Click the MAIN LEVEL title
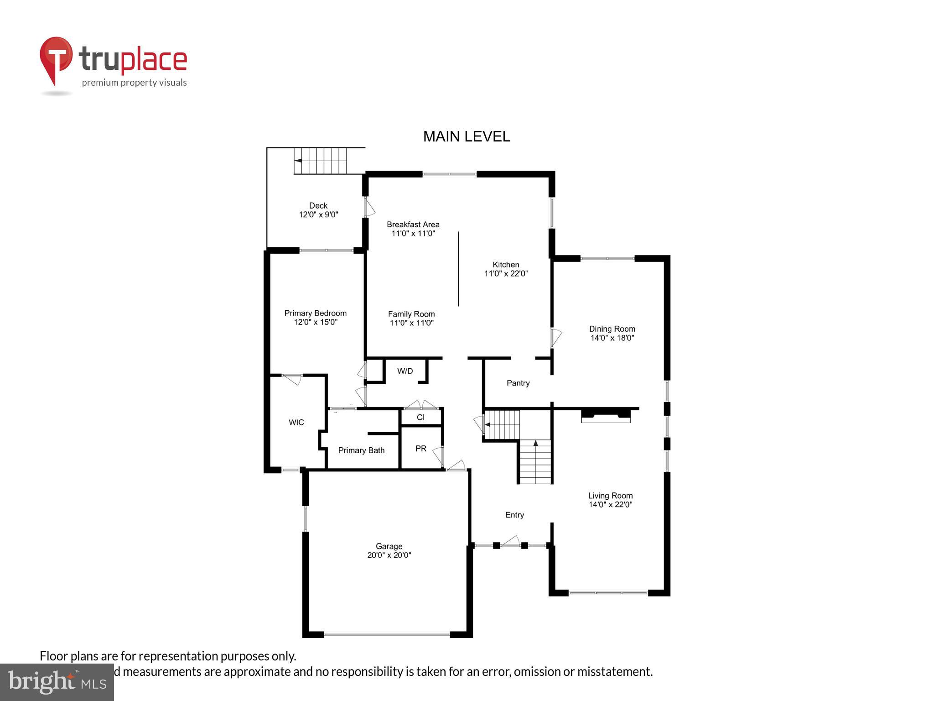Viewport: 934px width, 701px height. (x=466, y=136)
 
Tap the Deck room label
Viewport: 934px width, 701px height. (x=318, y=206)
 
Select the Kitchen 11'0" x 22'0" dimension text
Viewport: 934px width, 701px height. (x=506, y=274)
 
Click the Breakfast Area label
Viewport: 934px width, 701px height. (x=413, y=225)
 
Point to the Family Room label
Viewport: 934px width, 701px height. (x=411, y=314)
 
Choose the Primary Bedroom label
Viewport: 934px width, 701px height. (x=315, y=313)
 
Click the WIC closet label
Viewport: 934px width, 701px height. (x=296, y=423)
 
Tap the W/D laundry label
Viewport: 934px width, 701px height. (x=405, y=371)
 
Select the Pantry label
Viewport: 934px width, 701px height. (x=518, y=383)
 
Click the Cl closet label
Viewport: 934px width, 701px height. (x=420, y=417)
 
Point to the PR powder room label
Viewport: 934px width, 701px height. (x=420, y=449)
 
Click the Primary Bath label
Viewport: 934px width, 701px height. (x=361, y=450)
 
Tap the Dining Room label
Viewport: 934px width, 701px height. (x=612, y=329)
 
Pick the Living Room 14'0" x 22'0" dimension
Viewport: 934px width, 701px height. (x=610, y=505)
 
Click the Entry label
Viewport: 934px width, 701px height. (x=514, y=515)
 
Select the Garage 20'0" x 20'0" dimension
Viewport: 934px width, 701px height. (x=389, y=555)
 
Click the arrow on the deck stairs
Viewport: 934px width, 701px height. (x=298, y=161)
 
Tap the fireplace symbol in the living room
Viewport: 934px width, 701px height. (x=605, y=416)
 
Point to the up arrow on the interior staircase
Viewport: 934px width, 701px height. (x=535, y=443)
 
